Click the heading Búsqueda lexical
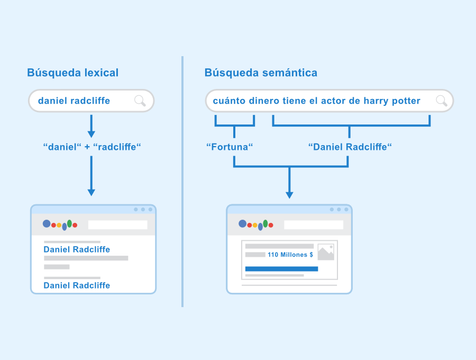coord(73,73)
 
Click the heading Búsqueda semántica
coord(261,73)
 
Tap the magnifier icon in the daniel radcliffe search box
coord(140,101)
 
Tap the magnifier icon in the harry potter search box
coord(442,101)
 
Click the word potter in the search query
coord(406,101)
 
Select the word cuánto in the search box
coord(229,101)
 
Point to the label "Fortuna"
coord(230,147)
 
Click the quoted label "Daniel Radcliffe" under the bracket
coord(350,147)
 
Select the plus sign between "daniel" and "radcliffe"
coord(87,147)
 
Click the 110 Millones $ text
coord(290,255)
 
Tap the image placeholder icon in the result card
coord(326,252)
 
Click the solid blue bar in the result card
coord(281,269)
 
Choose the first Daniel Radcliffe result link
coord(77,249)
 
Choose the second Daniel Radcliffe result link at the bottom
coord(77,285)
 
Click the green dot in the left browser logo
coord(69,223)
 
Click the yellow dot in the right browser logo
coord(255,226)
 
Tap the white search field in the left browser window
coord(118,225)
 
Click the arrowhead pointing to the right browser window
coord(290,195)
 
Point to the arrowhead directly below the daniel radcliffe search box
coord(91,134)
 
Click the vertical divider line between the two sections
coord(182,182)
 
